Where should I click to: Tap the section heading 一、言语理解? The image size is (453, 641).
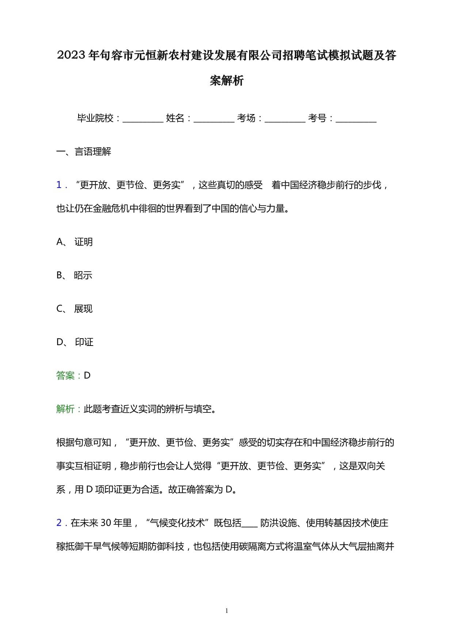pyautogui.click(x=84, y=152)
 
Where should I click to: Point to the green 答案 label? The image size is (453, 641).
pyautogui.click(x=65, y=376)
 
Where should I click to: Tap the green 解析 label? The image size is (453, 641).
pyautogui.click(x=65, y=409)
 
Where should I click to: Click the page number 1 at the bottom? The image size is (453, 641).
pyautogui.click(x=226, y=611)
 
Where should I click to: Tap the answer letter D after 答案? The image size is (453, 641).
pyautogui.click(x=87, y=376)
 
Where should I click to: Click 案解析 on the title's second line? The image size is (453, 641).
pyautogui.click(x=226, y=80)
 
